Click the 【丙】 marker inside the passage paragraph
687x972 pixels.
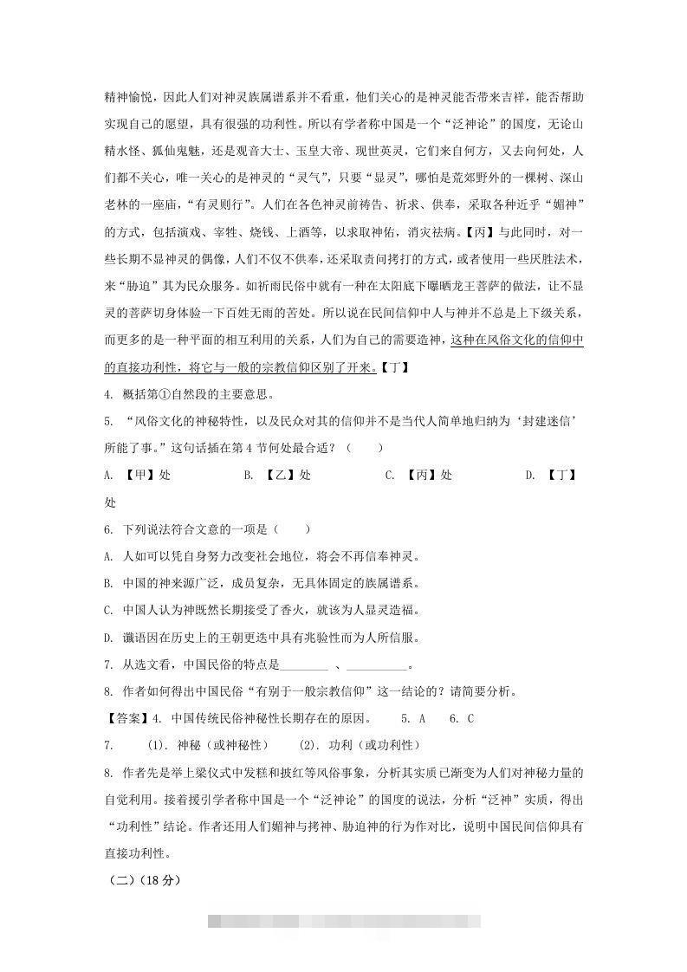click(479, 232)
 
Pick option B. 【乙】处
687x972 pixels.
click(277, 476)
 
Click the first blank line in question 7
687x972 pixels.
click(305, 664)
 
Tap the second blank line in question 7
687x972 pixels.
click(376, 664)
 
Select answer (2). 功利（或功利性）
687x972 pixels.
click(359, 745)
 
